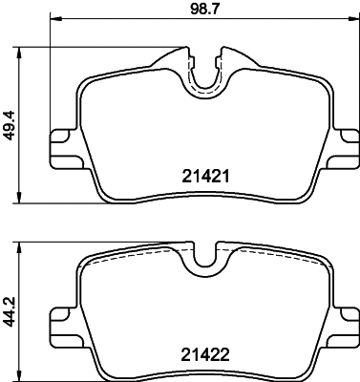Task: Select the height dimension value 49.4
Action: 11,121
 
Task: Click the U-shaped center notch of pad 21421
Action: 202,78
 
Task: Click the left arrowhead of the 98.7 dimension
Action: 52,20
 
